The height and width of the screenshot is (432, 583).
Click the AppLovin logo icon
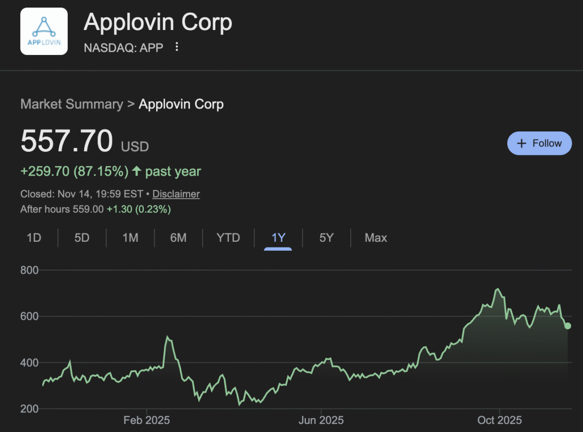(44, 31)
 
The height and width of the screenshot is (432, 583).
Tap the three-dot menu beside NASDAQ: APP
(177, 46)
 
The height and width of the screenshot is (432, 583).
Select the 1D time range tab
(34, 238)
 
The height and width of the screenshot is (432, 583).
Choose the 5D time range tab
(82, 238)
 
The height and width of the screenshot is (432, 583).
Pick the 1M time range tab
(130, 238)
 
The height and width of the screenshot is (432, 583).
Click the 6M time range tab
(178, 238)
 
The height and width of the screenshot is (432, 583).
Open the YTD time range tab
(228, 238)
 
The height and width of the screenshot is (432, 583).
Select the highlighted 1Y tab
(278, 238)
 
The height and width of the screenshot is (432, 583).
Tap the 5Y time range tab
(326, 238)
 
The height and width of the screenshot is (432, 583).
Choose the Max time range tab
(376, 238)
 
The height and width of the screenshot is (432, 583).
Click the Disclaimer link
(176, 194)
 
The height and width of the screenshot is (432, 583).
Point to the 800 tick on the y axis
(29, 270)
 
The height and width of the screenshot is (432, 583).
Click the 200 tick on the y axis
(29, 409)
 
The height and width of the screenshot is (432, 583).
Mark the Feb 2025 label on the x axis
(146, 420)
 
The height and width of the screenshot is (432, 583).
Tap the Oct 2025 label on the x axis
(499, 420)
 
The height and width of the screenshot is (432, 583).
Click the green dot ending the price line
(568, 326)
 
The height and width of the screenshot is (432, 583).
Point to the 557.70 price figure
(67, 141)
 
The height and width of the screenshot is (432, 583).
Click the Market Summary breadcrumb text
(71, 104)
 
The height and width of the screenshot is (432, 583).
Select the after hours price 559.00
(88, 209)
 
